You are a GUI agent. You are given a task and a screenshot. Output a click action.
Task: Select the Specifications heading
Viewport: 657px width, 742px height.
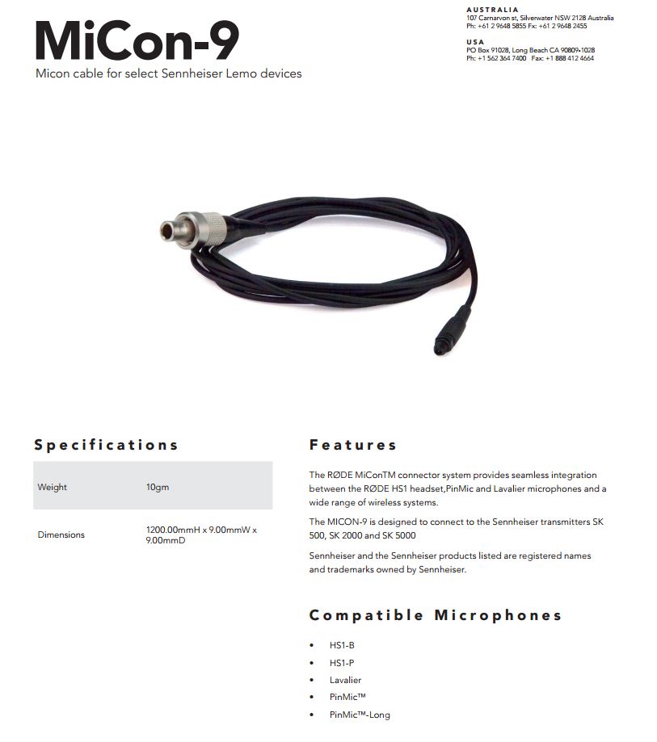[x=106, y=445]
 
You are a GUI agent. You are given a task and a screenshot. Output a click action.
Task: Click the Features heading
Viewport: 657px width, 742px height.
[x=353, y=445]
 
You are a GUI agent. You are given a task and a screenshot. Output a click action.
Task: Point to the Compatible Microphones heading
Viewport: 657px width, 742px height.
[x=436, y=615]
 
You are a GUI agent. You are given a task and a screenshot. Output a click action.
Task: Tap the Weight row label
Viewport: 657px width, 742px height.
[x=53, y=487]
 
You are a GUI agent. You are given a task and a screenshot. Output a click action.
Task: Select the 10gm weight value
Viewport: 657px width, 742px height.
[x=158, y=487]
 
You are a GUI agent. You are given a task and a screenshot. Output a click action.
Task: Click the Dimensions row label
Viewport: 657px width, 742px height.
[x=61, y=534]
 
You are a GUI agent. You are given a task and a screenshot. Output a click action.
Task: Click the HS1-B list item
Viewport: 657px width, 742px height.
[x=342, y=646]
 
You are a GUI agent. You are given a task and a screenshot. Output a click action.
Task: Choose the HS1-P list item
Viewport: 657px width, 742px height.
[x=342, y=663]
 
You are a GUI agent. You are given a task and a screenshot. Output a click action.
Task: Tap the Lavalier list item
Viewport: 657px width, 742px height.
[x=346, y=680]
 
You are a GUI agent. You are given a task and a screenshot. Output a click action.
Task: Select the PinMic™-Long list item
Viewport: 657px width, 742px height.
[x=360, y=715]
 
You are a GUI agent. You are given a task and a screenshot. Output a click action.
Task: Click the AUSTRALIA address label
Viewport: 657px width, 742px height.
[x=493, y=10]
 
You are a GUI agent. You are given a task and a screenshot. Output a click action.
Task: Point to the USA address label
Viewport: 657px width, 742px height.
[x=475, y=41]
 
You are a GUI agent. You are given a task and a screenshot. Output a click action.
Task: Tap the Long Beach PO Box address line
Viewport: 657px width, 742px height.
[x=530, y=50]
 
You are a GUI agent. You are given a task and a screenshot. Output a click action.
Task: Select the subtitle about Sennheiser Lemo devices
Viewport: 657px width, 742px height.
[x=168, y=73]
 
